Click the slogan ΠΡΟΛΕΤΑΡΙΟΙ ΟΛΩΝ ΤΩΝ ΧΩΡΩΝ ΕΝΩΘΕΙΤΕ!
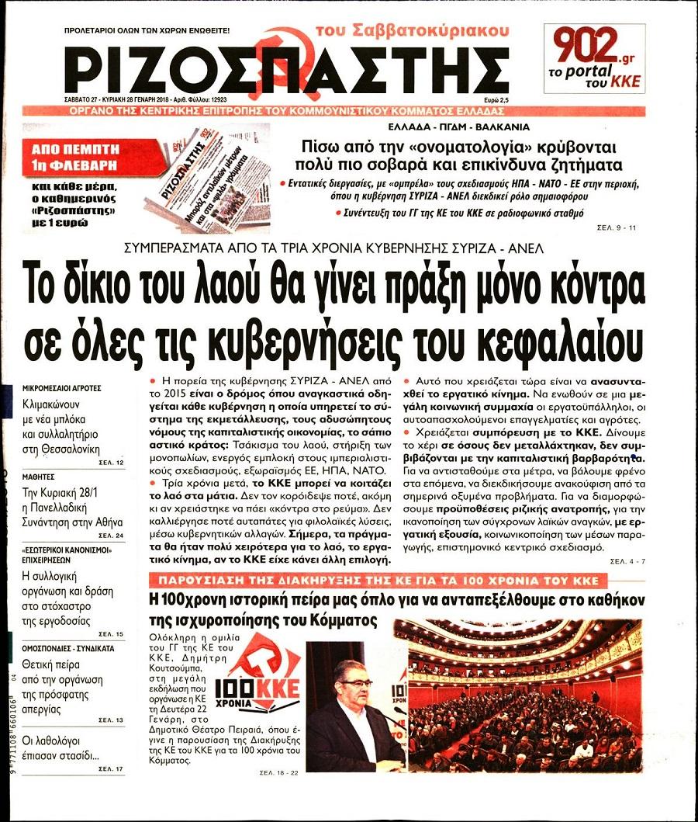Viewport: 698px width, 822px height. (x=147, y=30)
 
